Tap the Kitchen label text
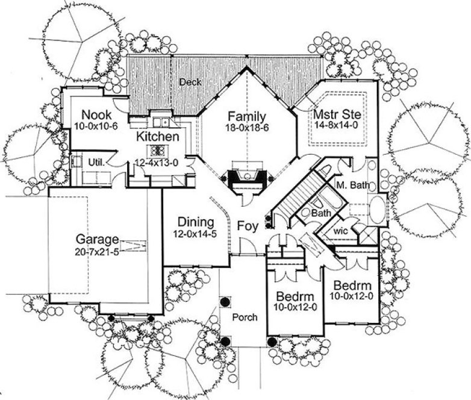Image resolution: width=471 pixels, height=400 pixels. (157, 137)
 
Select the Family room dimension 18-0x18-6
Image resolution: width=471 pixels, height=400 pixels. (248, 128)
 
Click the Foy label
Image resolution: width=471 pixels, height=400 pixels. (248, 227)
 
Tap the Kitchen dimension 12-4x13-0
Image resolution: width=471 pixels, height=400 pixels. (157, 163)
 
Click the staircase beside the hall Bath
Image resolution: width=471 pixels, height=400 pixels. (299, 192)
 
